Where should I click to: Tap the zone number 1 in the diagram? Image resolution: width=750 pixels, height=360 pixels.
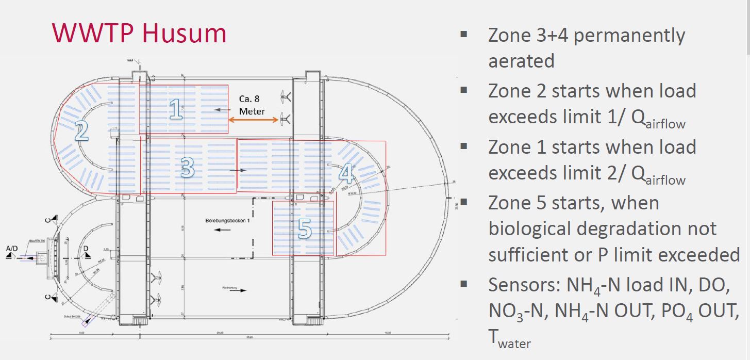point(176,109)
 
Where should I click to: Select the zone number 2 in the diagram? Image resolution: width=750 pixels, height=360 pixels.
point(81,132)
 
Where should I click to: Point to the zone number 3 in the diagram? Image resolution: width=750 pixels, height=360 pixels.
point(188,168)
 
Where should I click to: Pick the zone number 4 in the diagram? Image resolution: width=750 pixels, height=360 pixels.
point(346,174)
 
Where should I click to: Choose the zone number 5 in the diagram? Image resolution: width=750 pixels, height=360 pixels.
point(305,228)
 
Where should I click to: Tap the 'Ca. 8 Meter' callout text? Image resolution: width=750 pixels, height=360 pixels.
point(252,105)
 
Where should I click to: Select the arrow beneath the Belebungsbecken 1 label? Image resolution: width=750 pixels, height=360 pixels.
point(223,230)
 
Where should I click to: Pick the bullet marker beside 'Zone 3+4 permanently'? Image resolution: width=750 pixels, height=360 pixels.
point(464,35)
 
